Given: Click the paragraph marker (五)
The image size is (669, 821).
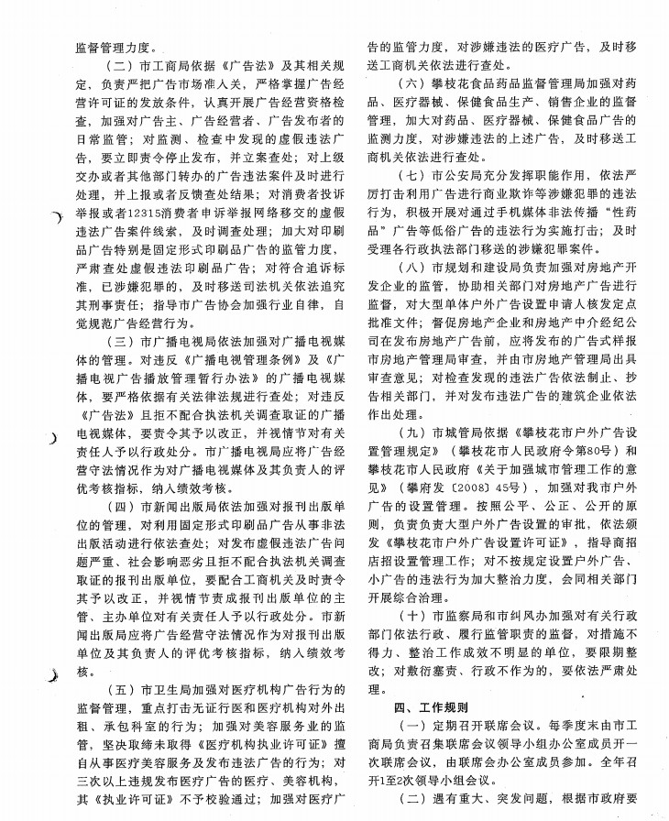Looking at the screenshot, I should pos(122,687).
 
